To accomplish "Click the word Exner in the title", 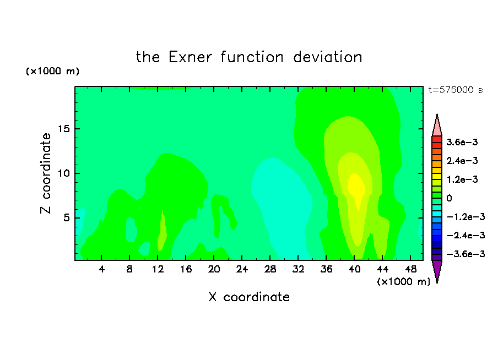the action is (190, 57).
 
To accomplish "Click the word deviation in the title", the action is (328, 57).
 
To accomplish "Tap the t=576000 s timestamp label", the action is (456, 90).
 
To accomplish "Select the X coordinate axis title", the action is (249, 297).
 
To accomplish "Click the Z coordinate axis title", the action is (46, 173).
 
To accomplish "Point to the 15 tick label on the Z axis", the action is (63, 129).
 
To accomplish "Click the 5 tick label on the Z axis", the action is (66, 218).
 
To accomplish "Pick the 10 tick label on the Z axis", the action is (63, 173).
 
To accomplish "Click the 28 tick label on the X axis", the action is (270, 269).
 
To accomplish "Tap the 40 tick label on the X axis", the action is (354, 269).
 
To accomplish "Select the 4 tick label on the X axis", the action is (101, 269).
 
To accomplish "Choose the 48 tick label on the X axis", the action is (410, 269).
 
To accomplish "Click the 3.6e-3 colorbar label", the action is (462, 142).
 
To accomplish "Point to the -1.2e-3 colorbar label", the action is (465, 217).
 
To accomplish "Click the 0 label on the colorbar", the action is (449, 198).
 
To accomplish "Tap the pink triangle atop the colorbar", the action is (437, 125).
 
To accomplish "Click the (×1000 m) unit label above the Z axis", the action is (52, 71).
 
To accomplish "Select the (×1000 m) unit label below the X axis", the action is (403, 282).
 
